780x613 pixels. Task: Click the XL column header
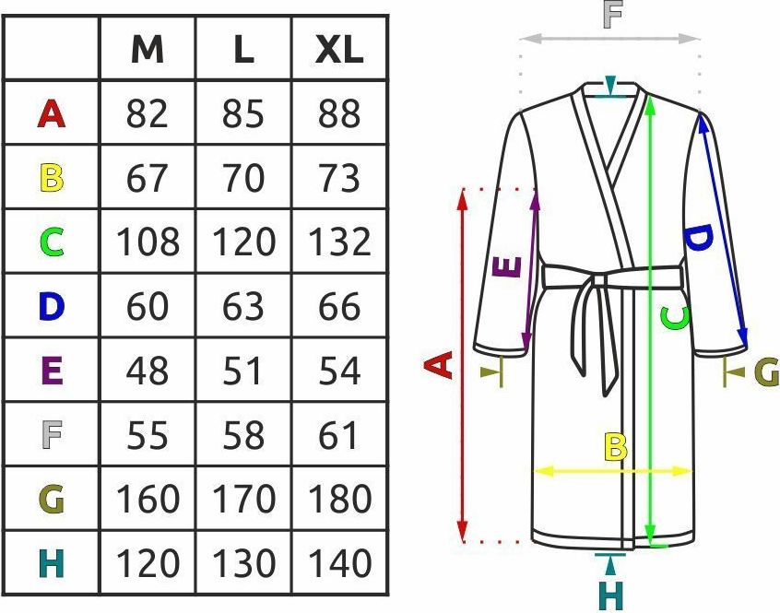[x=339, y=50]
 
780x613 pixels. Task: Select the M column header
[x=148, y=50]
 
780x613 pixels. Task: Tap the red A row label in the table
[x=52, y=113]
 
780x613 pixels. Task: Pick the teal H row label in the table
[x=52, y=563]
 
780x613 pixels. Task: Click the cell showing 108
[x=148, y=242]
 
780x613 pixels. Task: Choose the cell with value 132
[x=340, y=242]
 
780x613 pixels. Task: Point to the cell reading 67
[x=148, y=178]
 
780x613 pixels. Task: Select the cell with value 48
[x=148, y=371]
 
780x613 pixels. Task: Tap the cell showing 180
[x=340, y=499]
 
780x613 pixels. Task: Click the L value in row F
[x=243, y=435]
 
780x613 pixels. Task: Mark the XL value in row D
[x=340, y=306]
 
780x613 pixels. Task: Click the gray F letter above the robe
[x=612, y=15]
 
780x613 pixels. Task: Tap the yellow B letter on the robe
[x=616, y=446]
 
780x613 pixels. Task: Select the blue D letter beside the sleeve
[x=699, y=237]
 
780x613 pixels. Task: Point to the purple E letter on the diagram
[x=507, y=266]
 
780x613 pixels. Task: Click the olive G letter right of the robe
[x=766, y=371]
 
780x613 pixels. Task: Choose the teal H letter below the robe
[x=611, y=595]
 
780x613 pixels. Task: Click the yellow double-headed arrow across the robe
[x=613, y=470]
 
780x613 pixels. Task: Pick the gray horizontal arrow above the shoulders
[x=609, y=39]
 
